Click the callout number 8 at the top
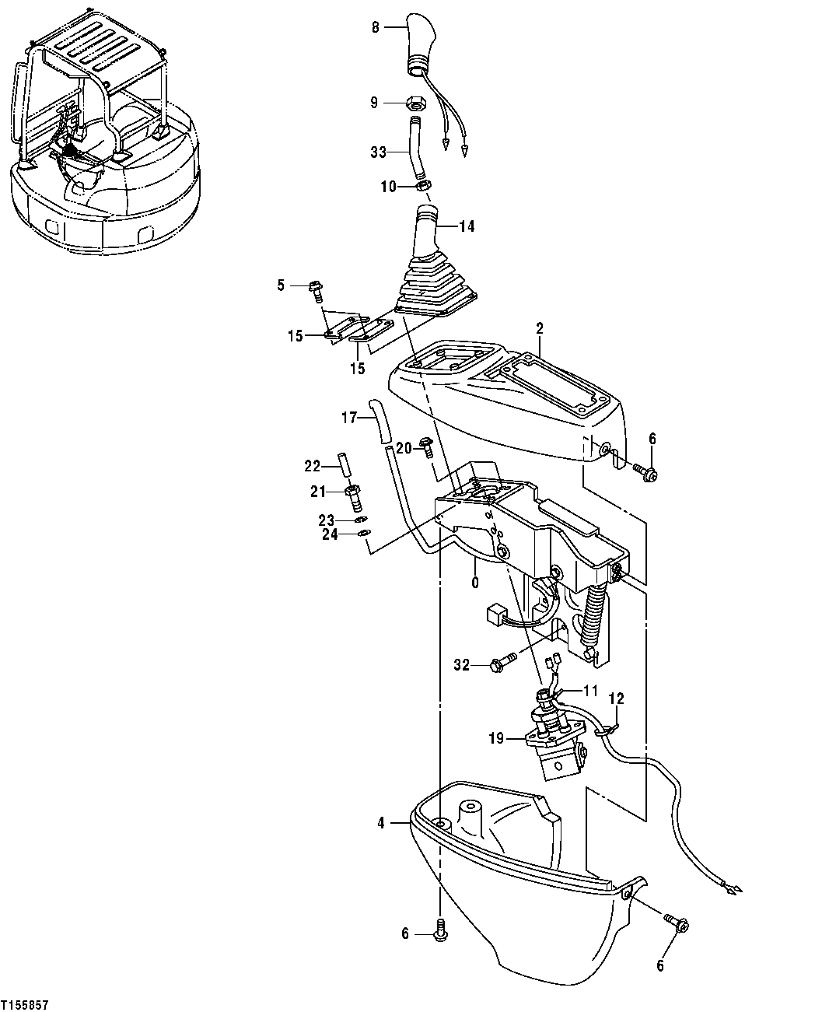click(x=376, y=27)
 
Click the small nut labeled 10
click(x=425, y=186)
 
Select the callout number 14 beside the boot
click(x=466, y=226)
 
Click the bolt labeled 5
click(x=317, y=288)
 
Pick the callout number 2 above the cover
click(x=537, y=330)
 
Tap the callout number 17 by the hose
click(x=348, y=418)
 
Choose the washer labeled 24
click(x=363, y=534)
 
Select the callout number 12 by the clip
click(x=615, y=698)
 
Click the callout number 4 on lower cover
click(x=380, y=821)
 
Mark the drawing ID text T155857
click(x=25, y=1005)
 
